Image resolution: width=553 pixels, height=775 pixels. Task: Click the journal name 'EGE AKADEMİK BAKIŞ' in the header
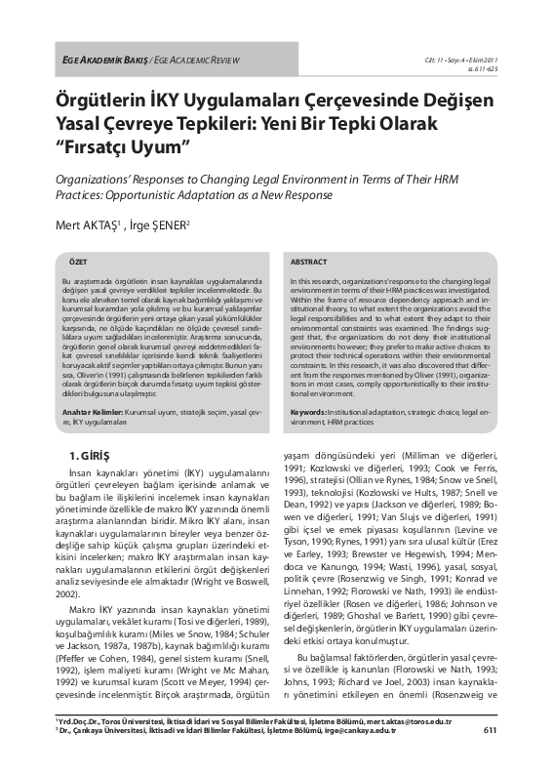[104, 61]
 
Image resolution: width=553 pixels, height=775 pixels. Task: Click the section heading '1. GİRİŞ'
[87, 456]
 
